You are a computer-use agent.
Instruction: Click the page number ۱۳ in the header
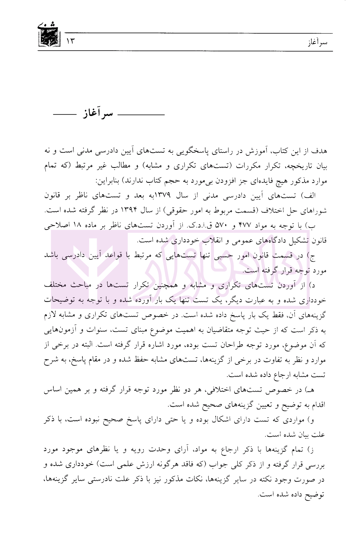(x=70, y=41)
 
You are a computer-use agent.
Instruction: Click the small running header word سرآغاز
(x=317, y=42)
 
